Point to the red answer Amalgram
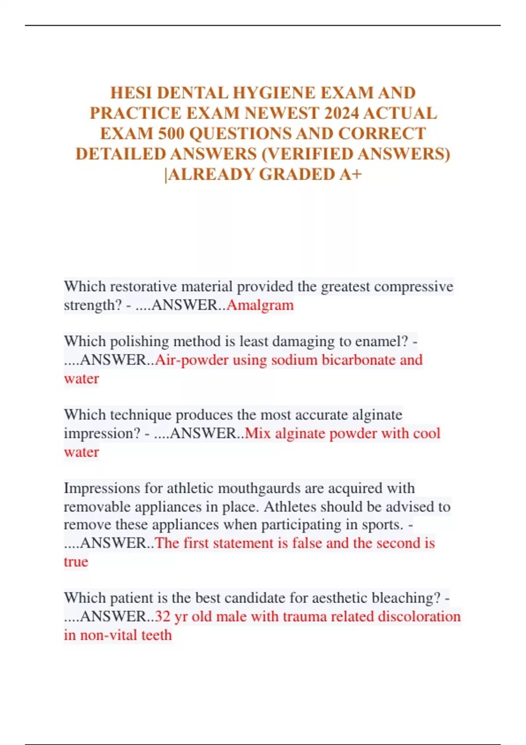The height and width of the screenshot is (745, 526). pyautogui.click(x=260, y=305)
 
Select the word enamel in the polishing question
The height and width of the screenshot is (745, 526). pyautogui.click(x=380, y=341)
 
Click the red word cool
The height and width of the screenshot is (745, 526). pyautogui.click(x=426, y=433)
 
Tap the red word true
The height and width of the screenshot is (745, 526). pyautogui.click(x=76, y=562)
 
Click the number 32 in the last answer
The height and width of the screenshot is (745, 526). pyautogui.click(x=162, y=617)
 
